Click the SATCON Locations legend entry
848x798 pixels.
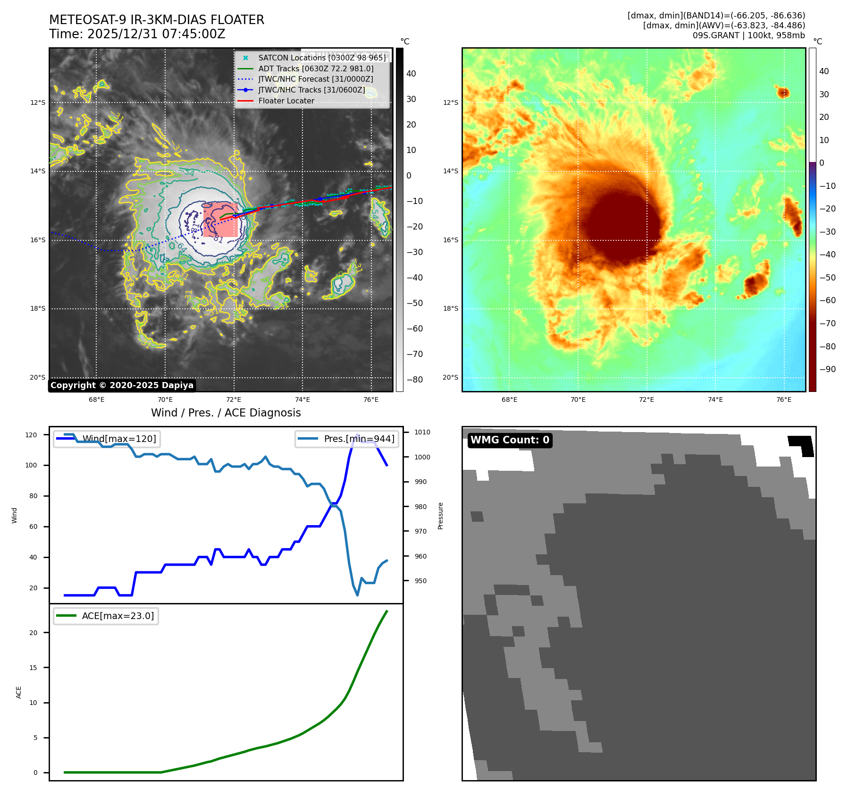(322, 58)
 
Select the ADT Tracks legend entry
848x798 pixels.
(316, 68)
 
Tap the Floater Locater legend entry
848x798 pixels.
(286, 101)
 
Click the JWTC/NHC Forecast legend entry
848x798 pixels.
(315, 79)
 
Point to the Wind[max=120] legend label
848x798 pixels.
(119, 439)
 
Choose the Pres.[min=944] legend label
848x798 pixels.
(359, 439)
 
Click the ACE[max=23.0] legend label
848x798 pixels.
(118, 616)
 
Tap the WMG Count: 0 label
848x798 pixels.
(510, 440)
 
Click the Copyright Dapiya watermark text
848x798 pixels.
(122, 385)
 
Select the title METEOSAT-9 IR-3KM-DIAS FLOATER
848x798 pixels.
(156, 20)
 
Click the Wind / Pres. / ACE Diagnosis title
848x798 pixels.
(226, 413)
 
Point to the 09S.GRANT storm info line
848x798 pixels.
(748, 35)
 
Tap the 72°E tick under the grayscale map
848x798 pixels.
(234, 399)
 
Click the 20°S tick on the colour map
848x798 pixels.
(450, 377)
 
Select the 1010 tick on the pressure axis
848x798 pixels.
(422, 432)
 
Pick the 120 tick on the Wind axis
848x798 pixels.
(31, 435)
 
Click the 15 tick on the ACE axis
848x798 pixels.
(33, 668)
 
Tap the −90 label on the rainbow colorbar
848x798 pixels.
(827, 369)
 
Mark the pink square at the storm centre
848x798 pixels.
(220, 220)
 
